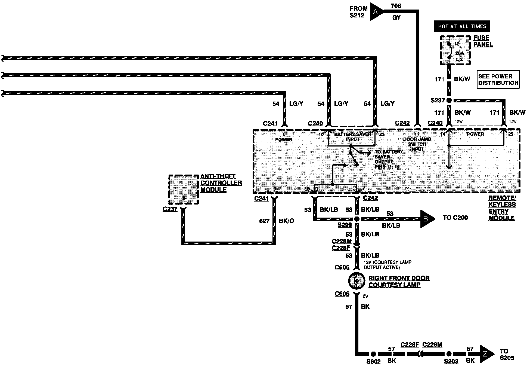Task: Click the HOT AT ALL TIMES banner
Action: (462, 26)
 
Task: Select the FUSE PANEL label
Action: (483, 41)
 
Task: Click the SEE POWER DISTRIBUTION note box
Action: (498, 80)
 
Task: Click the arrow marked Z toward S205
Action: (487, 354)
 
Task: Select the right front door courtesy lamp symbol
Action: (356, 281)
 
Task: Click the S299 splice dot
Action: (357, 219)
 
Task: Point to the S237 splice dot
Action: (449, 100)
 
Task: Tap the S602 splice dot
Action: (373, 354)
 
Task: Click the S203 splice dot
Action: (449, 354)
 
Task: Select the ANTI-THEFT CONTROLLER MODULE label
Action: (221, 183)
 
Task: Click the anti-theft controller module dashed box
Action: (184, 190)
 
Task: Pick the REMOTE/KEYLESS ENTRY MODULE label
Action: (502, 208)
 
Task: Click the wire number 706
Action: (396, 6)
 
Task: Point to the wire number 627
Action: (264, 221)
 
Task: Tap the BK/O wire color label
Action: (287, 221)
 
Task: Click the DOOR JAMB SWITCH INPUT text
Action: (417, 144)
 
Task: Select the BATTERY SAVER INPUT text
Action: (353, 137)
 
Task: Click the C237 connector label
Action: (170, 209)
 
